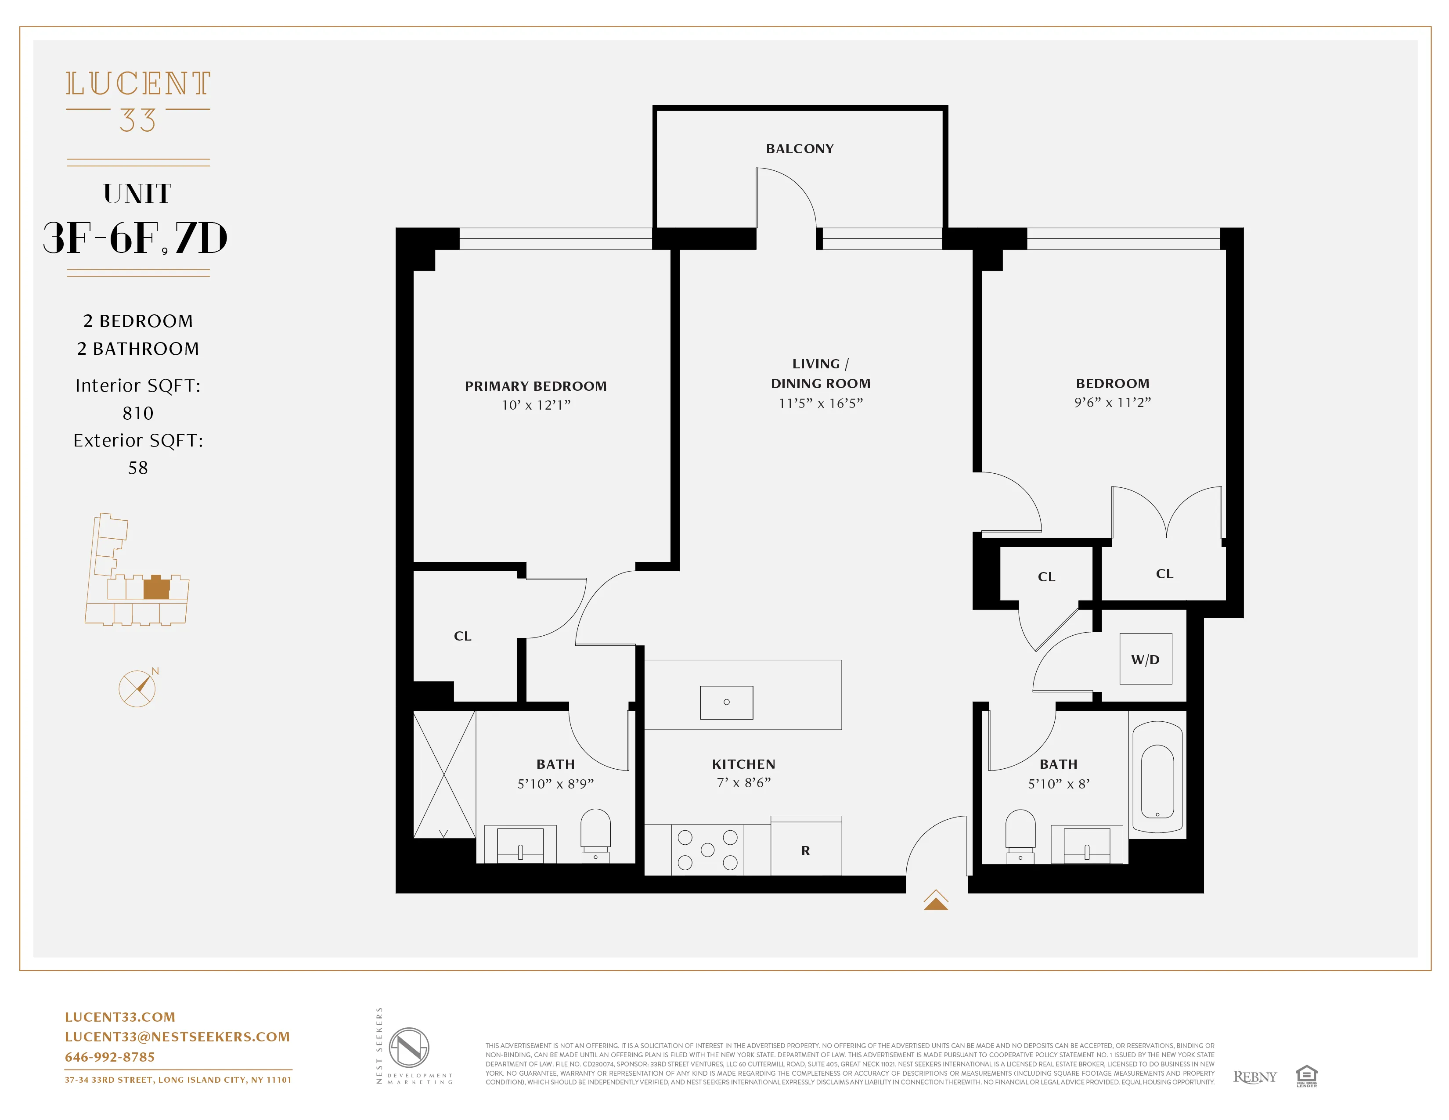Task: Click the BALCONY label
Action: (x=800, y=149)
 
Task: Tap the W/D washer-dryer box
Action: (x=1145, y=659)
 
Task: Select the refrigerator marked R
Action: (x=805, y=850)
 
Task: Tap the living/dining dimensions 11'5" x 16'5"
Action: (x=821, y=403)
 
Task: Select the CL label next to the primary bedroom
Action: (x=462, y=636)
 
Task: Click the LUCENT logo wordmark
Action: (x=138, y=84)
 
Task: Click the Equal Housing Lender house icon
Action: (x=1306, y=1076)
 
